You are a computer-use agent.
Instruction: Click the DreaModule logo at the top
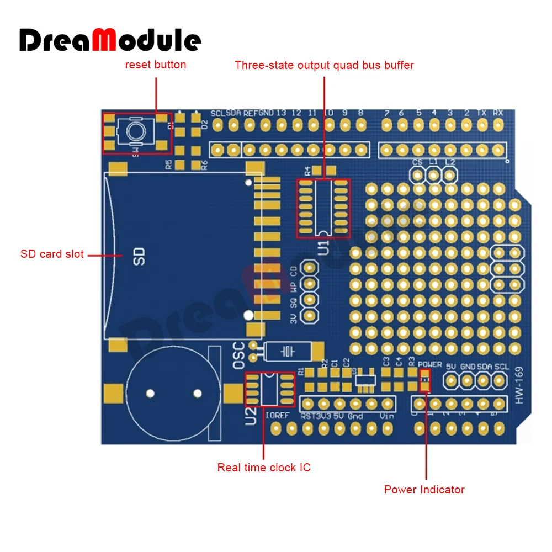110,40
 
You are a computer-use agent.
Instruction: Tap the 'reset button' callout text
156,65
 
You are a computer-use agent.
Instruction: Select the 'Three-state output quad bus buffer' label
324,65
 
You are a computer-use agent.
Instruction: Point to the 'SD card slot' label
52,254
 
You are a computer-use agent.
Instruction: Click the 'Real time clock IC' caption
264,468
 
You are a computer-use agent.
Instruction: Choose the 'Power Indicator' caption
424,490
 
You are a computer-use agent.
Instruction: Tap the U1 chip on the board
323,208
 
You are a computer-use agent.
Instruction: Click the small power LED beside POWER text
424,380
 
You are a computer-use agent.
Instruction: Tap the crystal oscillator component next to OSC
287,351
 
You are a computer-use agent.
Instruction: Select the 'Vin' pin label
387,416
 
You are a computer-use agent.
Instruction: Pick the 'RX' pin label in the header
498,112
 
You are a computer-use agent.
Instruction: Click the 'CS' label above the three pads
418,162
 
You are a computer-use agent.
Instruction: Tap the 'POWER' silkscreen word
430,365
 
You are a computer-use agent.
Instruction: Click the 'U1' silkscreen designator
323,246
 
